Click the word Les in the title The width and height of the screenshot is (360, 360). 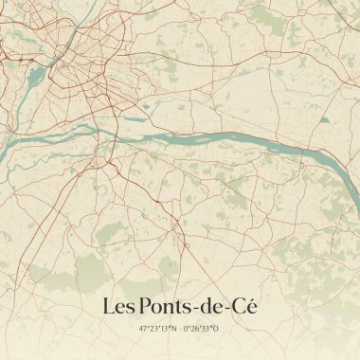(117, 307)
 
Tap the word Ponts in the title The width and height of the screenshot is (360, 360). (166, 307)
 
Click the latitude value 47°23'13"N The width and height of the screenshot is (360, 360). (157, 330)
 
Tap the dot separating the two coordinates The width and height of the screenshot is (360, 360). (179, 330)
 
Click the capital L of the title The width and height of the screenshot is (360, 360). (107, 307)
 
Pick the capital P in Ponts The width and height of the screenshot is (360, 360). (145, 307)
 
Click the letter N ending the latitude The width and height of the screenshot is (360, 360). (173, 330)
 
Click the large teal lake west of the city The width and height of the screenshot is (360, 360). (35, 75)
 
